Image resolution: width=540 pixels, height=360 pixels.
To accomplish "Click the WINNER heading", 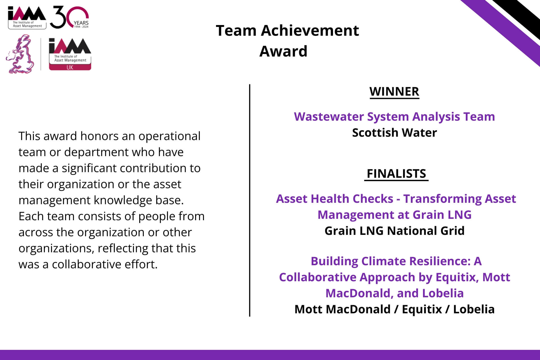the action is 394,92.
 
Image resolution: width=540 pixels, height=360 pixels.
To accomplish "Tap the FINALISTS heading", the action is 396,174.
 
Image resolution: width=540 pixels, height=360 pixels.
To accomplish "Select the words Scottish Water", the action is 394,133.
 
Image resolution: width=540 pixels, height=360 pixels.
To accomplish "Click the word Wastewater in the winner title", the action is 329,117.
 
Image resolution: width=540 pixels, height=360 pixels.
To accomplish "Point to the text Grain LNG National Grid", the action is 394,231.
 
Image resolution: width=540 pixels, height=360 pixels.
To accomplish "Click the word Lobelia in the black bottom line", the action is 474,309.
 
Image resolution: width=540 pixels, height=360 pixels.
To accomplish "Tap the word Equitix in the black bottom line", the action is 422,309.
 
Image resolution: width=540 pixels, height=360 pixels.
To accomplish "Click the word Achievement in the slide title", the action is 310,30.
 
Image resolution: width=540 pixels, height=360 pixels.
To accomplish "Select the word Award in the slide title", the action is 283,51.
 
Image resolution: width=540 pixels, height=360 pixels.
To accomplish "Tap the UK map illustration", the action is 20,54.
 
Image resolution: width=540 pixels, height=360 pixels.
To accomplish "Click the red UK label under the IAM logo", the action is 70,67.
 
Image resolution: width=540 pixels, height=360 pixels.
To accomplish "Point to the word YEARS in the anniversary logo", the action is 81,23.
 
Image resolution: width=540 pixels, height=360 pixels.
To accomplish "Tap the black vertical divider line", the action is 249,201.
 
